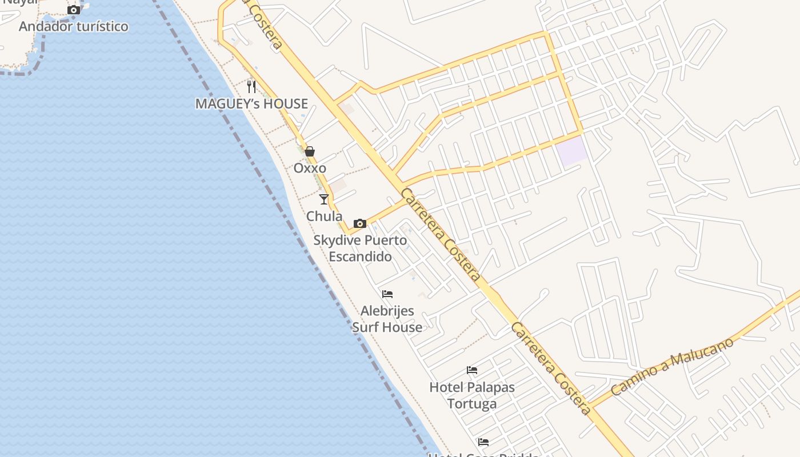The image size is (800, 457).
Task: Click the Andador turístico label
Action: [x=74, y=26]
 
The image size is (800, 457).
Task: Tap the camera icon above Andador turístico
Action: [x=74, y=10]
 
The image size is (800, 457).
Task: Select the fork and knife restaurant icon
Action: [x=251, y=87]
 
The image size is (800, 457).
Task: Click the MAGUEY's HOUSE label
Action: [x=251, y=103]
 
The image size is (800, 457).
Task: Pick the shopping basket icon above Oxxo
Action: [x=310, y=151]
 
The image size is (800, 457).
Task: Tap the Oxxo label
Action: [x=310, y=168]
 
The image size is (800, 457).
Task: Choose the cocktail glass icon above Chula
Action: [x=324, y=199]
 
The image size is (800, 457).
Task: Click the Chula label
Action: [x=324, y=216]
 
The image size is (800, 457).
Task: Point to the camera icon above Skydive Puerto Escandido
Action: [x=360, y=223]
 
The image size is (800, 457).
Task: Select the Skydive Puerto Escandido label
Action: [x=360, y=248]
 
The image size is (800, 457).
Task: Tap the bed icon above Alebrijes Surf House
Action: [x=387, y=294]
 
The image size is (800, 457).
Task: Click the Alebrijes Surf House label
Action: [x=387, y=319]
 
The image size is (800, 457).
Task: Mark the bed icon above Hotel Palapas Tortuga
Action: [x=472, y=370]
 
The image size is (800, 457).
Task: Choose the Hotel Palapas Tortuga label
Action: [x=472, y=395]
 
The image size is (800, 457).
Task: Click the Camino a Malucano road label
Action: [x=672, y=367]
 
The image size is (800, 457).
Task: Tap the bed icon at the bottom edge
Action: [x=483, y=442]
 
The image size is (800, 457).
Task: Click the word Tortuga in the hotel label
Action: [x=472, y=404]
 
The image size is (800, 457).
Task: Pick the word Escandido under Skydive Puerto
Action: [x=360, y=256]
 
